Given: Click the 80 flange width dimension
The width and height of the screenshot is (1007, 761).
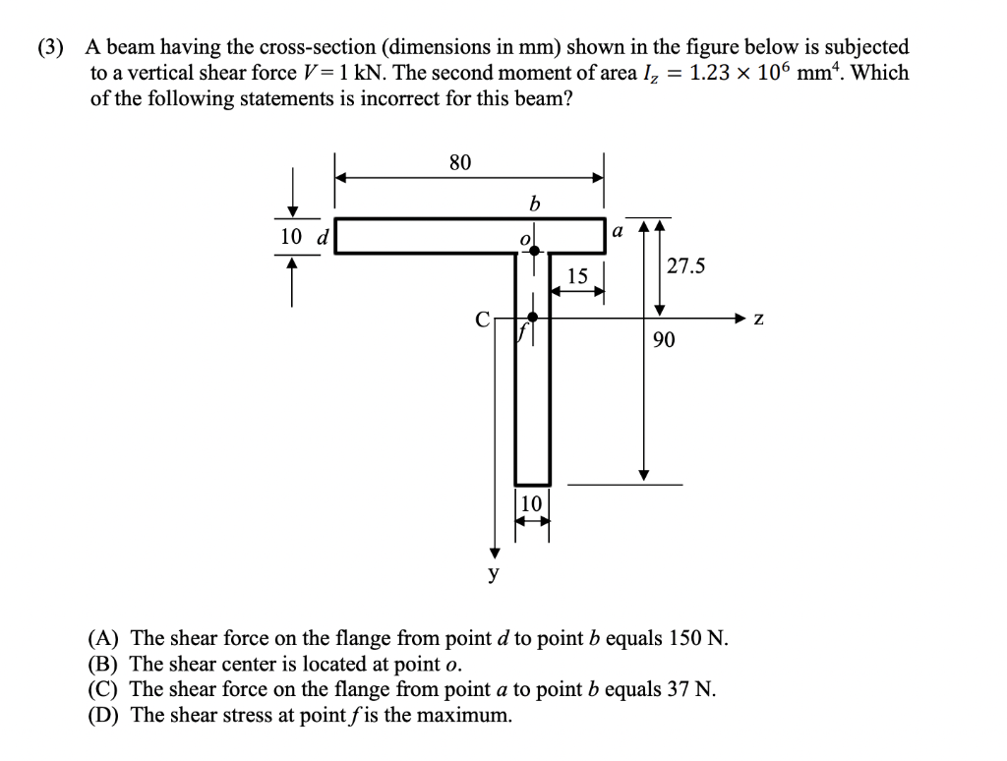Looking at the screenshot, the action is tap(460, 162).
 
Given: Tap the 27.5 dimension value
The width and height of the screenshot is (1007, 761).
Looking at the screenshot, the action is tap(685, 265).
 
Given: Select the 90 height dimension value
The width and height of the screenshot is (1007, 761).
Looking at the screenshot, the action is tap(663, 340).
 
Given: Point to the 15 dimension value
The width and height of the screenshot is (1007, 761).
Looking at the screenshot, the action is tap(577, 277).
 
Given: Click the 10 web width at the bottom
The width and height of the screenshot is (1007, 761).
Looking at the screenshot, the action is tap(530, 503).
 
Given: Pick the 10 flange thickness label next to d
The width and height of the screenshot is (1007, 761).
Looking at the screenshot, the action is tap(291, 236).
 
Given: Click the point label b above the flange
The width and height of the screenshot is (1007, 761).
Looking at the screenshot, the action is tap(534, 205).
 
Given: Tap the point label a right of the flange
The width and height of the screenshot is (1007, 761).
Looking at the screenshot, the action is tap(618, 232).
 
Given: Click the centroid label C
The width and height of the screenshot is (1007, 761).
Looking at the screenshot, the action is tap(482, 319).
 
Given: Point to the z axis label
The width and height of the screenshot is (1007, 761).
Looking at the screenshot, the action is tap(757, 319).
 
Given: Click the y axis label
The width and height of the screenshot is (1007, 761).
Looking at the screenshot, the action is tap(495, 572).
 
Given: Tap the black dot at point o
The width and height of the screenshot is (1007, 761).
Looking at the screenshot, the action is tap(534, 250).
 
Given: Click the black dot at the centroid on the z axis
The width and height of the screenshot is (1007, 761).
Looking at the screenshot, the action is tap(532, 317).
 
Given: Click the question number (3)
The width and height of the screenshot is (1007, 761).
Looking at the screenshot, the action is tap(52, 47).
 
